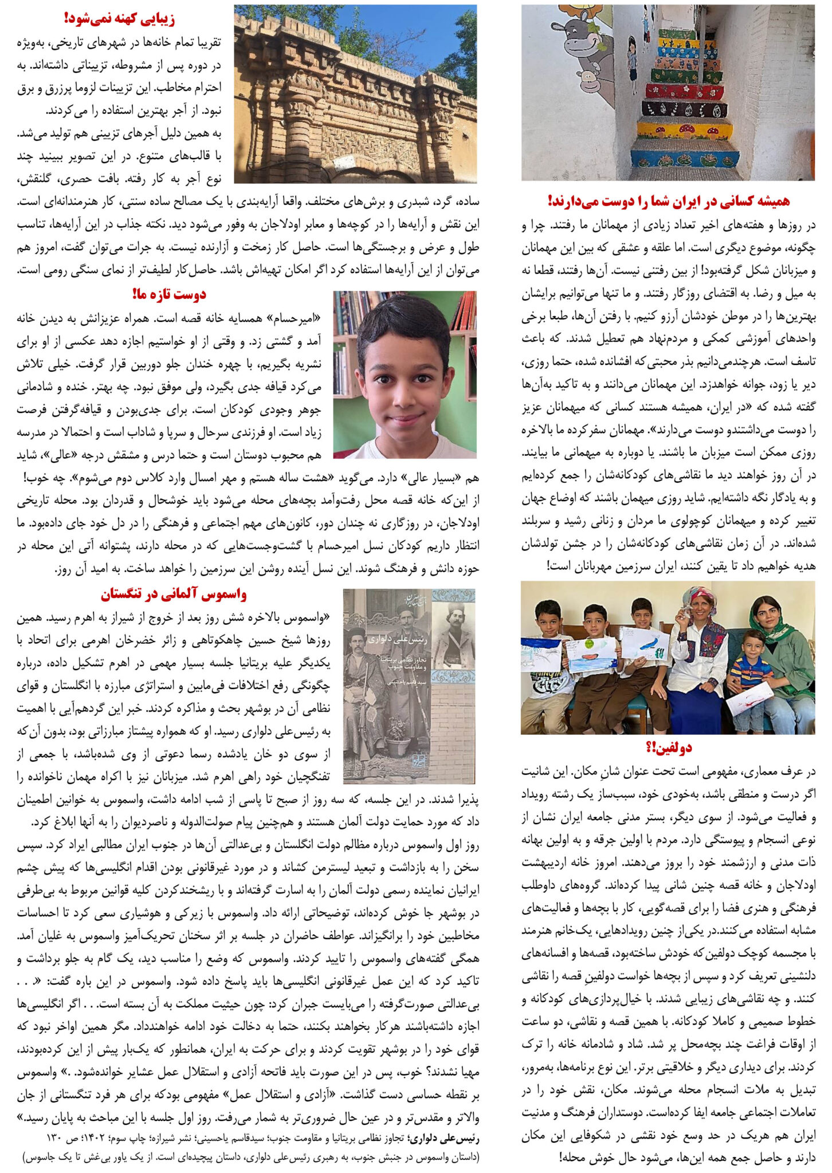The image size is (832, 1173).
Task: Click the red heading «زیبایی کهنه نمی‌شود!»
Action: pyautogui.click(x=119, y=18)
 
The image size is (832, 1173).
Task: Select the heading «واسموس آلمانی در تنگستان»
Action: pyautogui.click(x=174, y=594)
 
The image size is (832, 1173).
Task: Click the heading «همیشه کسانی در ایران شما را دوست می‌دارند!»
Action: pyautogui.click(x=669, y=200)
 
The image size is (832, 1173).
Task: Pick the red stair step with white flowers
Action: pyautogui.click(x=684, y=90)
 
